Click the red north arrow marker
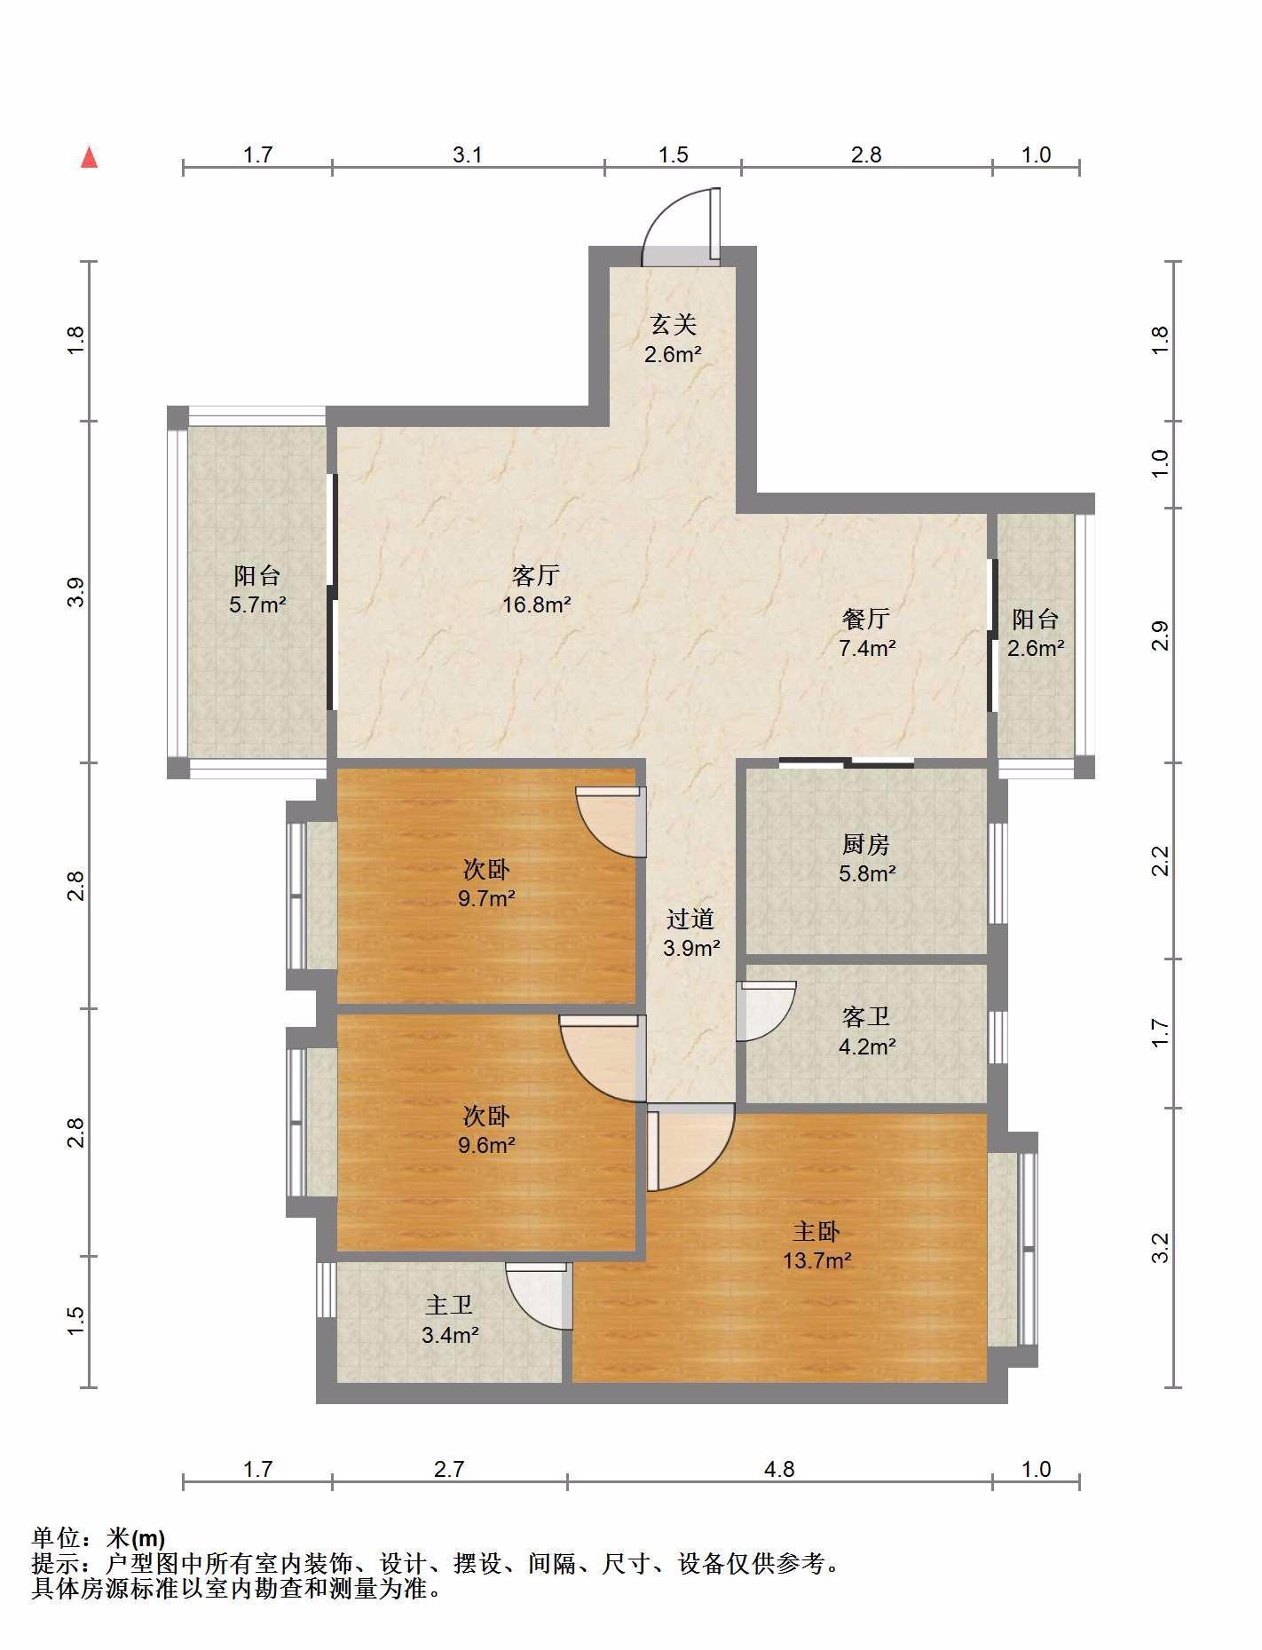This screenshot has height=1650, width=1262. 89,157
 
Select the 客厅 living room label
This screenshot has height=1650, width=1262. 536,575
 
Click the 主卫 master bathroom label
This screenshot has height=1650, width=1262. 449,1305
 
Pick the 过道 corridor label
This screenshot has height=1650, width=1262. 690,919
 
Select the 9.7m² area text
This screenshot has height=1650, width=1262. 486,898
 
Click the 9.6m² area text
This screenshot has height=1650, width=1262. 486,1145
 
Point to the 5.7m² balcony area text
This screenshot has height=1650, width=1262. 257,605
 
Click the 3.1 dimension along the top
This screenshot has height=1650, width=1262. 468,154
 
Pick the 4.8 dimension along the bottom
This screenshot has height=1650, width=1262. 779,1469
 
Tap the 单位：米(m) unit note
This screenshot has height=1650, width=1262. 99,1536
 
